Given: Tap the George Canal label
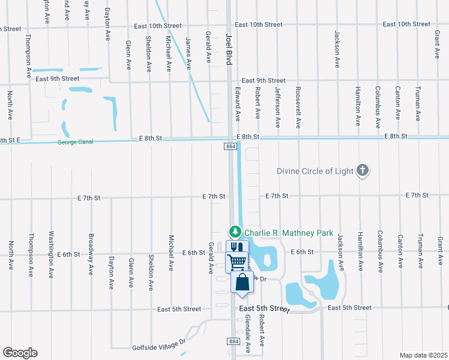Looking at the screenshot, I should tap(77, 143).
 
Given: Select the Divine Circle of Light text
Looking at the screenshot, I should tap(315, 171).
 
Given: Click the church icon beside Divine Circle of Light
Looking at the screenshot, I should tap(362, 171).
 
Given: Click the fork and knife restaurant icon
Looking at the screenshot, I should tap(236, 248).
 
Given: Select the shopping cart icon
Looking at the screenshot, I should tap(237, 262).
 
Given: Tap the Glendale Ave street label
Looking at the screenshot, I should tap(247, 336).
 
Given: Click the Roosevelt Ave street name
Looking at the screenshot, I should tap(298, 107).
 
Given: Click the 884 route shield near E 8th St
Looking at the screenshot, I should tap(231, 146).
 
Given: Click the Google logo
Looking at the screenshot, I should tap(20, 353).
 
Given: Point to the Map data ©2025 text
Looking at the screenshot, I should tap(423, 355).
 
